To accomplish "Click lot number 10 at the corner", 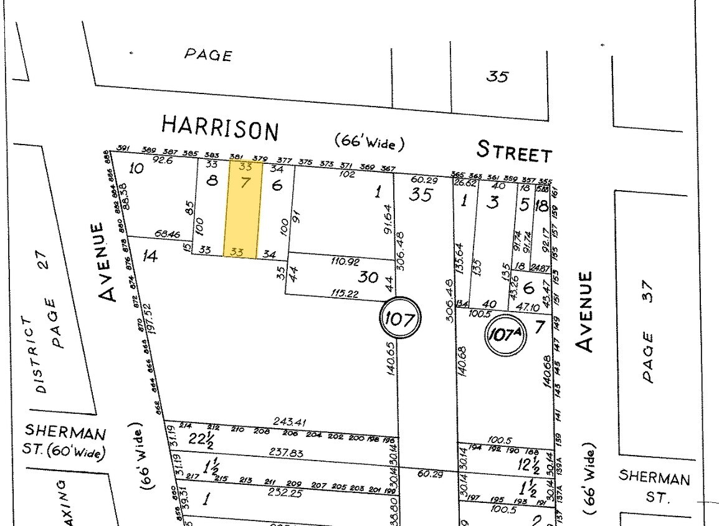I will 136,168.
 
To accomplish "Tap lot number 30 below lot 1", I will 368,277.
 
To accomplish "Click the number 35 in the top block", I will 497,77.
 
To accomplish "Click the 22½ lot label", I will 201,439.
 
